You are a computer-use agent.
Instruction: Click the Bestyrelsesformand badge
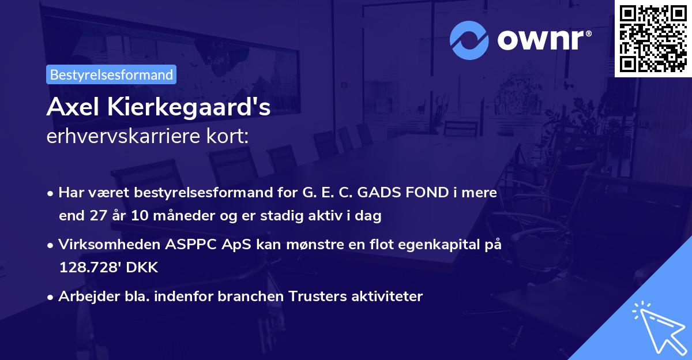click(111, 74)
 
